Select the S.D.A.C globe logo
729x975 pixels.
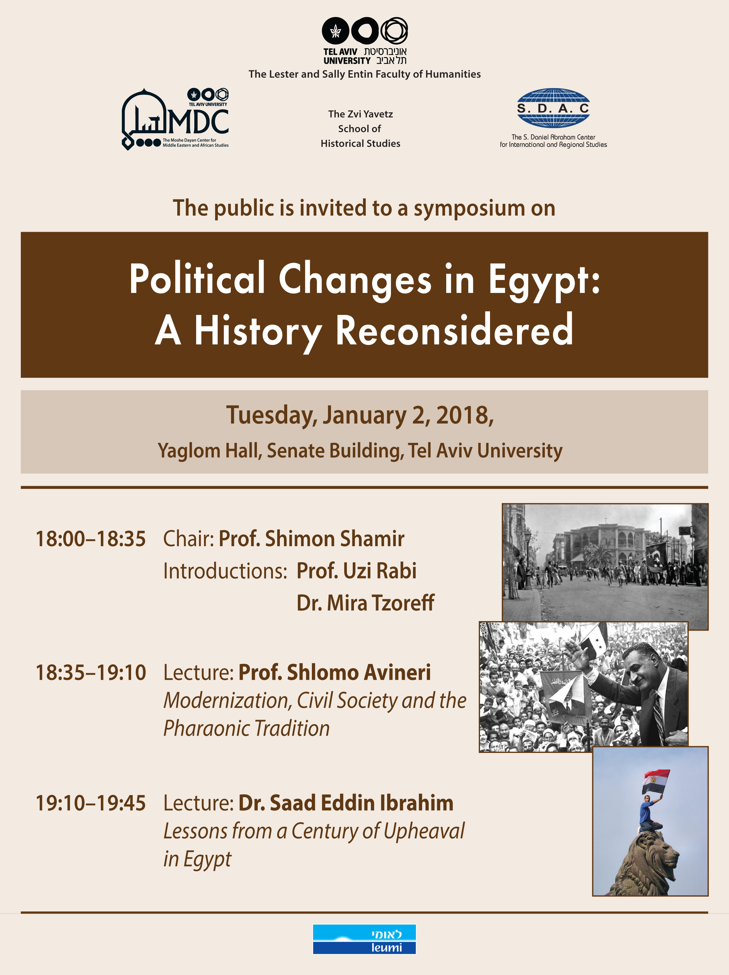pos(553,108)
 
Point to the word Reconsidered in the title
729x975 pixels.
pos(454,331)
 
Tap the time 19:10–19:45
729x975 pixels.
pos(90,803)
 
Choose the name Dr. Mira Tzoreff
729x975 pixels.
pos(365,603)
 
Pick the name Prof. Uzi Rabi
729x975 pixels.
pos(356,571)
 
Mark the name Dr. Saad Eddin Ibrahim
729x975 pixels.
pos(346,803)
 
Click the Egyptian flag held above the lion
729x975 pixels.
pos(656,781)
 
